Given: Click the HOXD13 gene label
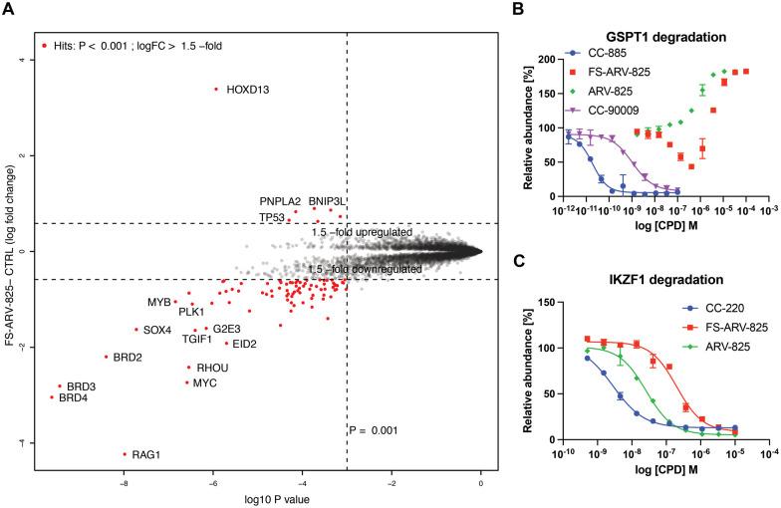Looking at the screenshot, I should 249,89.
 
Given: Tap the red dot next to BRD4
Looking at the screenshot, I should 52,397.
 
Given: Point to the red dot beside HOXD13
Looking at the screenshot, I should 215,89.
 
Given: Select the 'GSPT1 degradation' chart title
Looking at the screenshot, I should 652,37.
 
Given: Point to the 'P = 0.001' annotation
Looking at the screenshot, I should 374,430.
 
